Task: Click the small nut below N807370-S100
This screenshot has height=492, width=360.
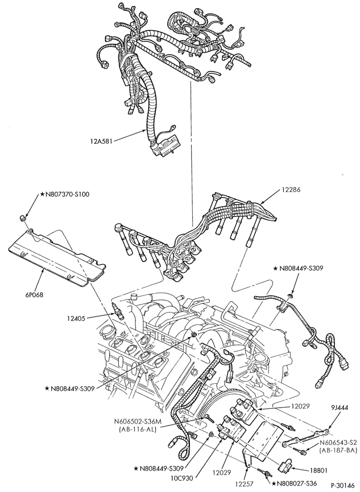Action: [x=23, y=218]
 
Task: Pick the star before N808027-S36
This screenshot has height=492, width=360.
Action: [x=275, y=484]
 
